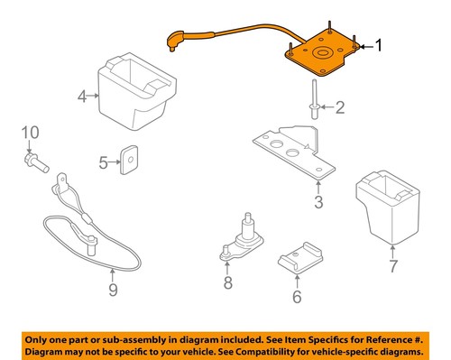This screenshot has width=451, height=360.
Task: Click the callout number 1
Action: [x=380, y=44]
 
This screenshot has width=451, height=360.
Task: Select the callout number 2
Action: [x=340, y=109]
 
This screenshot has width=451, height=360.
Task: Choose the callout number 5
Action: [x=104, y=162]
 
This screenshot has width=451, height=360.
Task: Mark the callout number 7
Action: [x=392, y=267]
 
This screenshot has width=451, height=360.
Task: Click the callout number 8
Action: [x=228, y=285]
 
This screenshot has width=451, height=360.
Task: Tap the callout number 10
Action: [x=29, y=133]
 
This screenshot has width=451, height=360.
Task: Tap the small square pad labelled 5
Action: [x=130, y=161]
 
